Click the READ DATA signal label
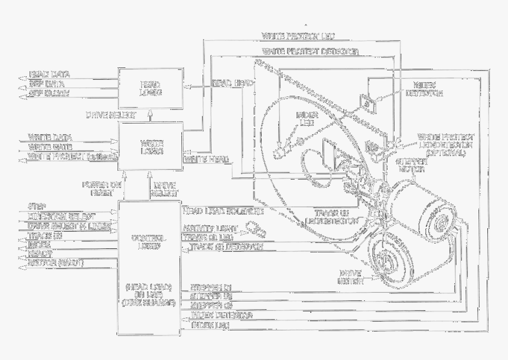tap(51, 75)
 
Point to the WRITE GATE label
tap(50, 147)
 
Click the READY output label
tap(41, 252)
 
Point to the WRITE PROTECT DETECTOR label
tap(310, 51)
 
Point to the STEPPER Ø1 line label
tap(210, 288)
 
